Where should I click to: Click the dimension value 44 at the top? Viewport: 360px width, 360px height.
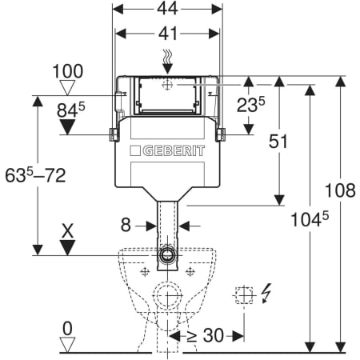pos(167,9)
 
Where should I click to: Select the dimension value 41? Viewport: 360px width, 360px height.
pos(168,34)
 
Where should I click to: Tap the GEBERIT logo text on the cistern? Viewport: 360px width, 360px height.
pos(174,151)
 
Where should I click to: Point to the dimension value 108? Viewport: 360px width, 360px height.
pos(340,190)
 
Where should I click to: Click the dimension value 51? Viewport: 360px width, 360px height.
pos(278,142)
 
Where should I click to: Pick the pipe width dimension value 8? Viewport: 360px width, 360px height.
pos(126,225)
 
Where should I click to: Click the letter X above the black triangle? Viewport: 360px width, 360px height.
pos(67,231)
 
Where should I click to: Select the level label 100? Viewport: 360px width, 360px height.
pos(68,71)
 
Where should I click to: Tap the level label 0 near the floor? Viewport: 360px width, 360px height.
pos(67,329)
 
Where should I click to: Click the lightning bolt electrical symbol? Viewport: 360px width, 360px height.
pos(266,293)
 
